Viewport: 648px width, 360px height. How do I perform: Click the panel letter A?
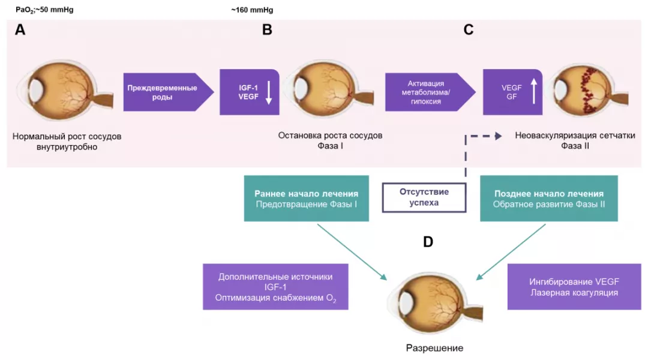20,30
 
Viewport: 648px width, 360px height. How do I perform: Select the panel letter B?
267,30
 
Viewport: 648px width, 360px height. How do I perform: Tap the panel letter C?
469,30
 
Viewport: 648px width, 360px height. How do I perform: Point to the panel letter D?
428,242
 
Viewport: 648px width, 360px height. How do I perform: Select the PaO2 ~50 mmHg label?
44,10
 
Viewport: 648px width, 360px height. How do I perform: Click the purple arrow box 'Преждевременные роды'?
164,92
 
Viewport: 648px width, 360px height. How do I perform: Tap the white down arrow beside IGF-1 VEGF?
269,92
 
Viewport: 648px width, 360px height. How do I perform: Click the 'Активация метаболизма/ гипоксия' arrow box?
426,92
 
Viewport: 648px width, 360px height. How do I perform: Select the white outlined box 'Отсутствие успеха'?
424,197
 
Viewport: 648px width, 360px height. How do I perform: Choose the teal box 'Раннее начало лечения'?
307,199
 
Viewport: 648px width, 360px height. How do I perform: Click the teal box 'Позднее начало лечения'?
549,199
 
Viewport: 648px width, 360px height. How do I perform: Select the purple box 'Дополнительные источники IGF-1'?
275,287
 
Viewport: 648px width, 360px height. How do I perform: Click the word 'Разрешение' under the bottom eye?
434,348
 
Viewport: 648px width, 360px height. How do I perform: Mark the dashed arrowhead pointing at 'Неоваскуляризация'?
497,136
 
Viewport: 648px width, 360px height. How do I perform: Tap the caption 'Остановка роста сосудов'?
330,136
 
